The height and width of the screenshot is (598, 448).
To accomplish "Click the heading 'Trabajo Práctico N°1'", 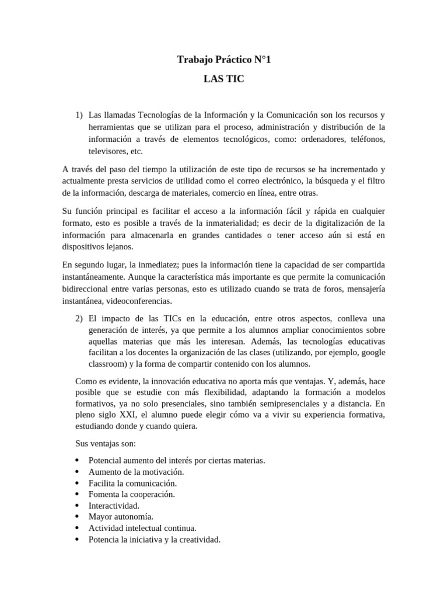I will point(223,60).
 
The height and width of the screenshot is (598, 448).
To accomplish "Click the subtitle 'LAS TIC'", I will point(223,79).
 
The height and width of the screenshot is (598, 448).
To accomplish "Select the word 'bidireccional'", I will point(86,290).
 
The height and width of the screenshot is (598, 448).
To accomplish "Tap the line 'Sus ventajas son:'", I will point(106,444).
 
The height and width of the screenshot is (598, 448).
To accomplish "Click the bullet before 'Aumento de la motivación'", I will point(78,471).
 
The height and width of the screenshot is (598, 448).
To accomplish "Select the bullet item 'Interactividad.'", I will point(114,505).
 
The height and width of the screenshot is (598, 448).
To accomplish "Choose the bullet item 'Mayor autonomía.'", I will point(121,517).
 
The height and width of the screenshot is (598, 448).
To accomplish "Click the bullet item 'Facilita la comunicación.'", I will point(132,483).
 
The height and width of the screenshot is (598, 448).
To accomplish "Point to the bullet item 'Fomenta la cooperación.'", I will point(132,494).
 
